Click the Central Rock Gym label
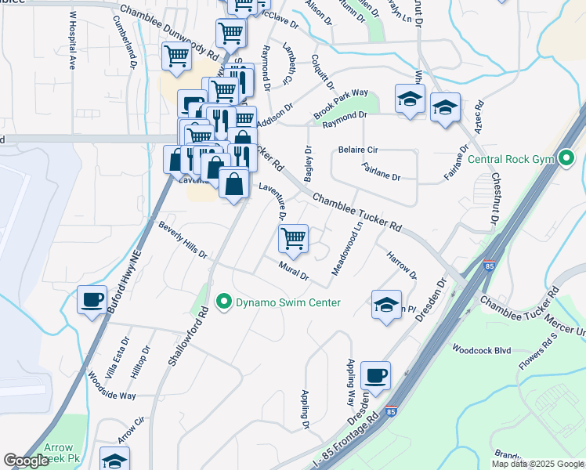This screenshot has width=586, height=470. click(511, 159)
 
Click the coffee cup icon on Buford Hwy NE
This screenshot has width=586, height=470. click(92, 299)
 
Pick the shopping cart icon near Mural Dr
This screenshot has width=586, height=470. click(293, 238)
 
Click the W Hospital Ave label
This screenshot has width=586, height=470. click(71, 41)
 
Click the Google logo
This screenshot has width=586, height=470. click(27, 461)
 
